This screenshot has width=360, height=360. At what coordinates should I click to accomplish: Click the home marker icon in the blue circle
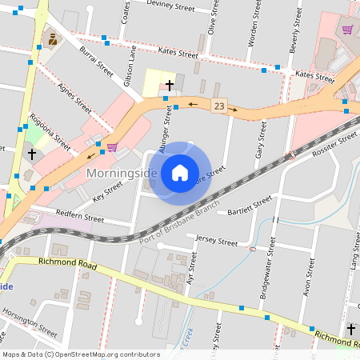180,173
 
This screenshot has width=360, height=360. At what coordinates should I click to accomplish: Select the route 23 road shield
218,106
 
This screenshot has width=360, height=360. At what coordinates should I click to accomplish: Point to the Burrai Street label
96,60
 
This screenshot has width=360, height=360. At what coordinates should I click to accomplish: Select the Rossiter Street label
333,143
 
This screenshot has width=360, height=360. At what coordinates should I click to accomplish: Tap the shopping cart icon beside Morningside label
112,146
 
